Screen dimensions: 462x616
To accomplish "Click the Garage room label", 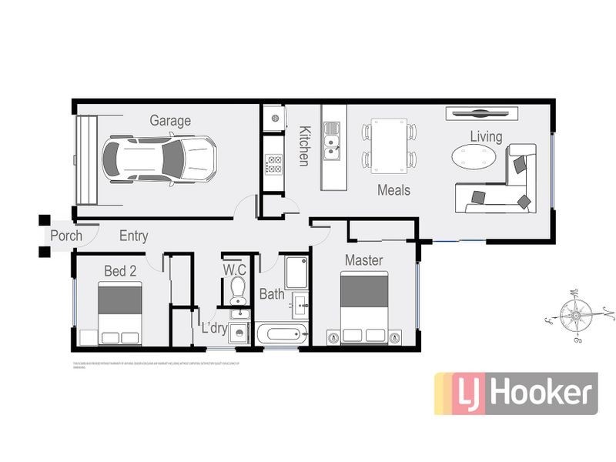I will [170, 120].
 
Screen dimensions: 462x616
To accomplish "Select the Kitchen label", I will [304, 146].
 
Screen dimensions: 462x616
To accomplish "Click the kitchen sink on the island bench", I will [333, 146].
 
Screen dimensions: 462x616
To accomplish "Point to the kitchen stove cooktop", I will [273, 163].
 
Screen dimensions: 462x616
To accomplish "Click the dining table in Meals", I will [389, 145].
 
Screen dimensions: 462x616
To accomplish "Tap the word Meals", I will [393, 190].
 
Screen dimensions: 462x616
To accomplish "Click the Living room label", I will [487, 137].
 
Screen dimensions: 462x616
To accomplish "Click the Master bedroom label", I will [363, 260].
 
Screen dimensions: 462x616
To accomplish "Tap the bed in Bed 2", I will [120, 312].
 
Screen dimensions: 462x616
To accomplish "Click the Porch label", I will [66, 236].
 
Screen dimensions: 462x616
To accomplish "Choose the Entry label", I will [133, 236].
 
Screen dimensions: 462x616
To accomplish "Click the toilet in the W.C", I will [238, 290].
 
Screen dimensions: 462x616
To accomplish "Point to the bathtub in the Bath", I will [281, 335].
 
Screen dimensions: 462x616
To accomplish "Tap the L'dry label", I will [213, 329].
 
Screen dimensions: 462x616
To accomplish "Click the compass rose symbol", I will [574, 313].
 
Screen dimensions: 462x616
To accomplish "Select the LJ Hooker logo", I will [516, 393].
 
